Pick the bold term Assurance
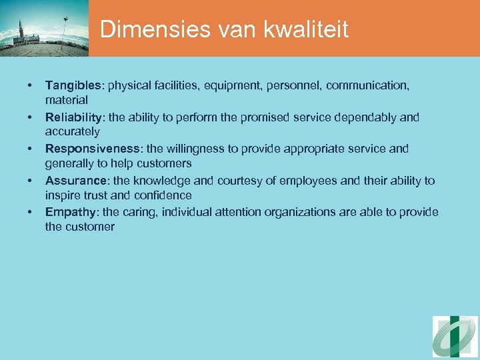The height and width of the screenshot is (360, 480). pyautogui.click(x=74, y=181)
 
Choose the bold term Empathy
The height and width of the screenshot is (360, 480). pyautogui.click(x=69, y=212)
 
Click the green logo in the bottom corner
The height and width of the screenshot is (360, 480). pyautogui.click(x=455, y=337)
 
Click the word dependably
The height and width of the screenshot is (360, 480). pyautogui.click(x=365, y=117)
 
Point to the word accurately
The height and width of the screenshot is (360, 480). pyautogui.click(x=73, y=132)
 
